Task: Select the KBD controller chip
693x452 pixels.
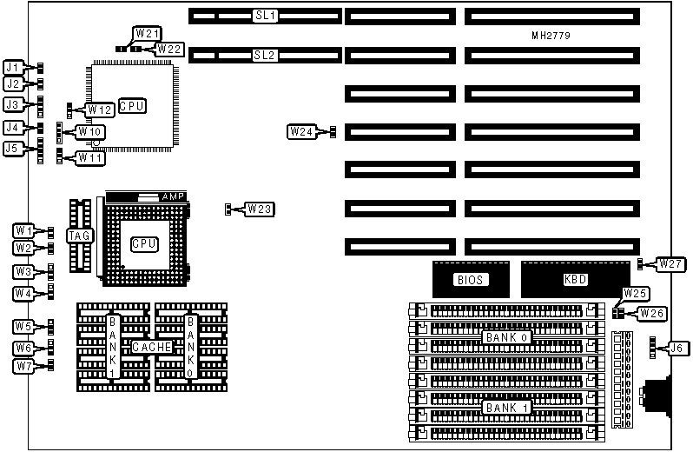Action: pos(575,281)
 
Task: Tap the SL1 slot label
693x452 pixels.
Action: pos(264,16)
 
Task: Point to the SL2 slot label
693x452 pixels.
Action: pos(264,55)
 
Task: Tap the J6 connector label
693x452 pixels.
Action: pos(677,348)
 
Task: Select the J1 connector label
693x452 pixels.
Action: pos(12,67)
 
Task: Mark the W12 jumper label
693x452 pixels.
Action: pos(100,110)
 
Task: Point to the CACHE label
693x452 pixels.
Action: pos(151,348)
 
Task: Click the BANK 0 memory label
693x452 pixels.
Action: pos(505,336)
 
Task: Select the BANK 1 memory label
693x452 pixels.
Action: pos(506,407)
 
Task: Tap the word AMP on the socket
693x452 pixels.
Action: pos(174,197)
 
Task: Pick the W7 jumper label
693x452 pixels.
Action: pos(24,366)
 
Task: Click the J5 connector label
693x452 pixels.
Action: pos(12,149)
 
